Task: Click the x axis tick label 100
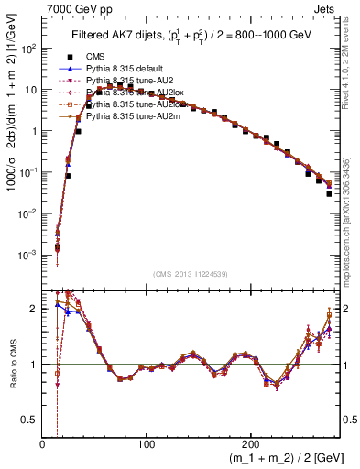pyautogui.click(x=147, y=444)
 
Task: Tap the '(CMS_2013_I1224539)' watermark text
pyautogui.click(x=190, y=274)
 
